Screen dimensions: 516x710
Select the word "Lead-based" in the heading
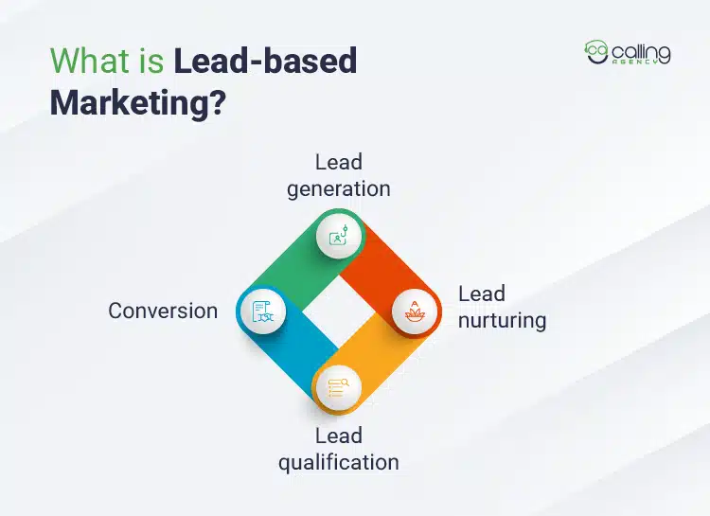pyautogui.click(x=265, y=62)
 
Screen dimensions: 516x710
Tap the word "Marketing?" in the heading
pyautogui.click(x=138, y=102)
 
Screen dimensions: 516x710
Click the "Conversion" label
pyautogui.click(x=163, y=311)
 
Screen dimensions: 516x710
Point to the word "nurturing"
pyautogui.click(x=502, y=320)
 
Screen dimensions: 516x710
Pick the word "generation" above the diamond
pyautogui.click(x=339, y=187)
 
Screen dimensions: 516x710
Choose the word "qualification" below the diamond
pyautogui.click(x=338, y=462)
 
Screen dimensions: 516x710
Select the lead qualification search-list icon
pyautogui.click(x=339, y=385)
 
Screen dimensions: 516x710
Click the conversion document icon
pyautogui.click(x=262, y=311)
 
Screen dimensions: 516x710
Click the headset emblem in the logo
pyautogui.click(x=596, y=53)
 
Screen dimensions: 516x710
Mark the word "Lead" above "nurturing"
pyautogui.click(x=481, y=294)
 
